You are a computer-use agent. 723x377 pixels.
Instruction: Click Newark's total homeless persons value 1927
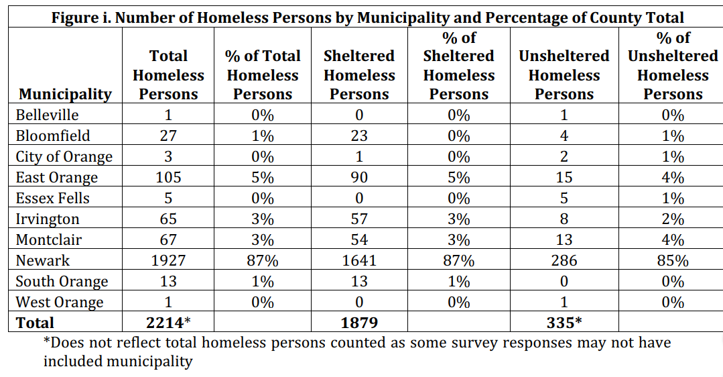click(x=168, y=260)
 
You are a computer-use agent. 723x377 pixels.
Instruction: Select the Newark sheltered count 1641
click(x=359, y=260)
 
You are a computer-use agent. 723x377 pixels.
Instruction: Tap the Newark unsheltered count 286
click(x=564, y=260)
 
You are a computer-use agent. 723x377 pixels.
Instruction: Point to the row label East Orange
click(x=57, y=178)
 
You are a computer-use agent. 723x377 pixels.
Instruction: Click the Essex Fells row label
click(x=53, y=199)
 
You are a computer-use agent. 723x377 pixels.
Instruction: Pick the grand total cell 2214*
click(x=168, y=323)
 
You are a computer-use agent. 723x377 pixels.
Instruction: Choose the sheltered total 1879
click(x=359, y=323)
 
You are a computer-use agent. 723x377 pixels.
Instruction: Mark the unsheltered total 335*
click(x=564, y=323)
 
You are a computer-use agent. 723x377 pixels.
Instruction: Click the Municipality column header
click(x=65, y=94)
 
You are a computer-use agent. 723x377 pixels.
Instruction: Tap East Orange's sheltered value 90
click(x=359, y=178)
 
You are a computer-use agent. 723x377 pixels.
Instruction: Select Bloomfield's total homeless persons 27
click(x=168, y=136)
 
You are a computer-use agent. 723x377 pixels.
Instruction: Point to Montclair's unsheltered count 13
click(x=564, y=239)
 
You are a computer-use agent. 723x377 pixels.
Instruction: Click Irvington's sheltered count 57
click(x=359, y=219)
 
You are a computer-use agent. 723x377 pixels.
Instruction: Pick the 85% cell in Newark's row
click(x=672, y=260)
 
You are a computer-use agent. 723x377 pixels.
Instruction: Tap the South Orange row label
click(x=62, y=282)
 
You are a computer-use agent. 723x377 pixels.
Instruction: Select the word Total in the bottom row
click(x=35, y=323)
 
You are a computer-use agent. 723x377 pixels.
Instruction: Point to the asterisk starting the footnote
click(x=47, y=341)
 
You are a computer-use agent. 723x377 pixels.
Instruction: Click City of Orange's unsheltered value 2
click(x=564, y=157)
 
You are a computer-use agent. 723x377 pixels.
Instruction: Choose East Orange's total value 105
click(x=168, y=178)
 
